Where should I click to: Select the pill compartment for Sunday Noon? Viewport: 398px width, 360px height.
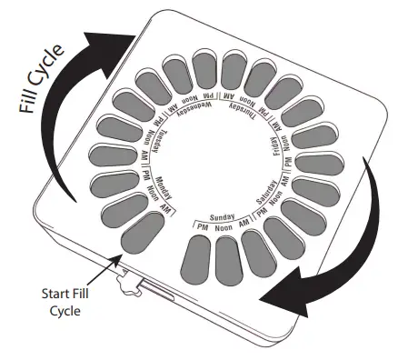(226, 260)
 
